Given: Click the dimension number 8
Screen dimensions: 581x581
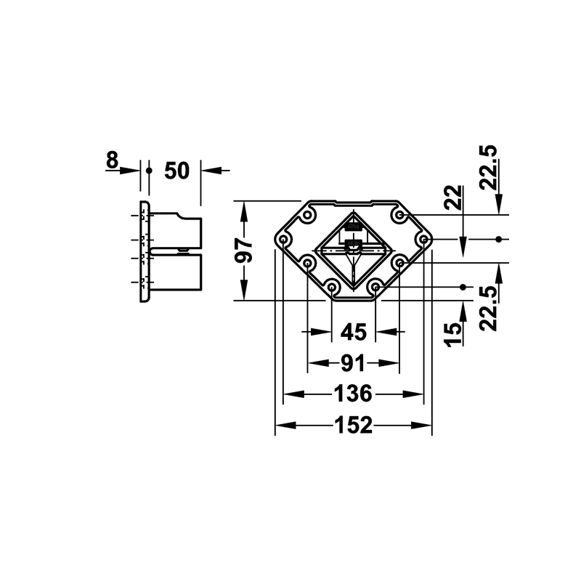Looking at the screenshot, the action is pyautogui.click(x=112, y=160).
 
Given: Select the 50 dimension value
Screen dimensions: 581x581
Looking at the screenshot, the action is pyautogui.click(x=176, y=171).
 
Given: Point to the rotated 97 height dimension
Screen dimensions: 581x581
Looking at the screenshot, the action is pyautogui.click(x=243, y=251).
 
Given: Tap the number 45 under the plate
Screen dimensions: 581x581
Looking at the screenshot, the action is pyautogui.click(x=354, y=332).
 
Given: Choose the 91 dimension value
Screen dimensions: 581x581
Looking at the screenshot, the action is pyautogui.click(x=353, y=363).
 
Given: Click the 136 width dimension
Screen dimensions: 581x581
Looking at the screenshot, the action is pyautogui.click(x=353, y=394).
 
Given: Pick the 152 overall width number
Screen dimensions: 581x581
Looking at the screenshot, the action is pyautogui.click(x=353, y=425).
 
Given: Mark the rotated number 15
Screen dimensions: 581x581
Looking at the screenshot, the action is pyautogui.click(x=454, y=335).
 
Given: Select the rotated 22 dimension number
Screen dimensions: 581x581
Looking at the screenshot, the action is pyautogui.click(x=454, y=198).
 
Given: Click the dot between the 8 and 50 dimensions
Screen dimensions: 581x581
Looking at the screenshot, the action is pyautogui.click(x=149, y=171).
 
